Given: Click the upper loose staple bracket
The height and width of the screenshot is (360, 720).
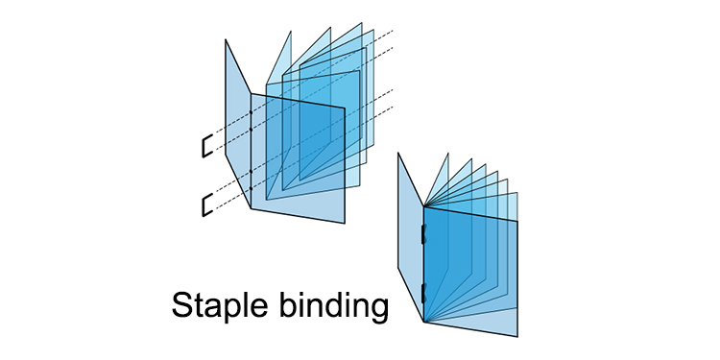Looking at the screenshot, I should pyautogui.click(x=204, y=146).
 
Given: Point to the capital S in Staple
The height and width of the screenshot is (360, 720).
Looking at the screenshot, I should pyautogui.click(x=183, y=304).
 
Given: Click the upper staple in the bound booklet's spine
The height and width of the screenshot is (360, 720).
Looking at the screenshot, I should pyautogui.click(x=423, y=232).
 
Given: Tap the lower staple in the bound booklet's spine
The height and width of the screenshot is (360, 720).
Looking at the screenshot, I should pyautogui.click(x=423, y=290).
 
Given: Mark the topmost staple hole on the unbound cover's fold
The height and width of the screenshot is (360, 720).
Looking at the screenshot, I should pyautogui.click(x=251, y=115).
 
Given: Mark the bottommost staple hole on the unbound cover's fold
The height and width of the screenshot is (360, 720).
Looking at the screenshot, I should pyautogui.click(x=251, y=173).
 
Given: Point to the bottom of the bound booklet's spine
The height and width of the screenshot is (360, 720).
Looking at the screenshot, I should pyautogui.click(x=423, y=321).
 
